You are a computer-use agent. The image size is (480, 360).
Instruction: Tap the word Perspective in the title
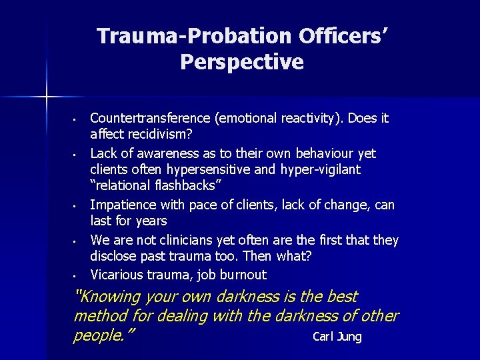pyautogui.click(x=241, y=62)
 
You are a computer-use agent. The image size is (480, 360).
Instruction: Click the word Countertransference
pyautogui.click(x=151, y=119)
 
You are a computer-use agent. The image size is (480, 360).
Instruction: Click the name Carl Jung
pyautogui.click(x=337, y=337)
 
